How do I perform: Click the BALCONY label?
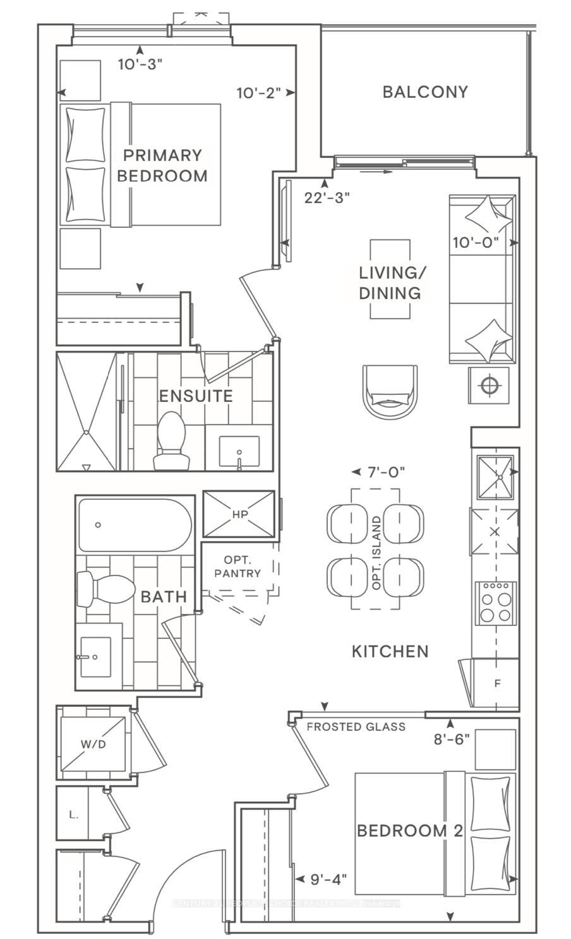tap(425, 92)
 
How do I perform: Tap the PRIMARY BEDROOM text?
tap(162, 165)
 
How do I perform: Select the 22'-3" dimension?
tap(327, 198)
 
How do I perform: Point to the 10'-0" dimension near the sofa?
tap(476, 242)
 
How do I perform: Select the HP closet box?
tap(239, 514)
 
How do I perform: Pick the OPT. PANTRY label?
tap(237, 567)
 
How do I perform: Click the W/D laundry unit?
tap(93, 743)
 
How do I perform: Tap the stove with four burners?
tap(495, 602)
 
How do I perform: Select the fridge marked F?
tap(496, 683)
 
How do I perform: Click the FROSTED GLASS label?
tap(356, 727)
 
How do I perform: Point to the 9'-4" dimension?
tap(328, 878)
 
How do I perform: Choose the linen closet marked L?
tap(73, 814)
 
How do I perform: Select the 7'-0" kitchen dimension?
tap(385, 472)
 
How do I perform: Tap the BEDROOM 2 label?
tap(410, 830)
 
